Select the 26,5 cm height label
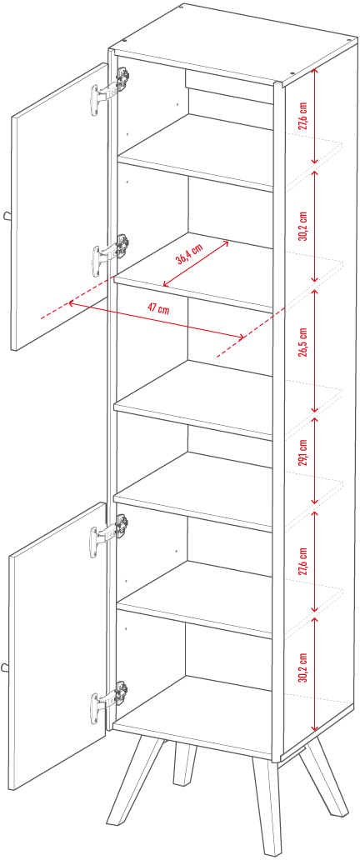[303, 342]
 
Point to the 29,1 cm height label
[303, 452]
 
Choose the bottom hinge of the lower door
[110, 702]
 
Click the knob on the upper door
[7, 216]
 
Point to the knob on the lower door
[6, 667]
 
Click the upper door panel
[59, 206]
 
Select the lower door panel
[57, 645]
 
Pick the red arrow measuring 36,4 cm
[196, 263]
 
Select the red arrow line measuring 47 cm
[156, 320]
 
